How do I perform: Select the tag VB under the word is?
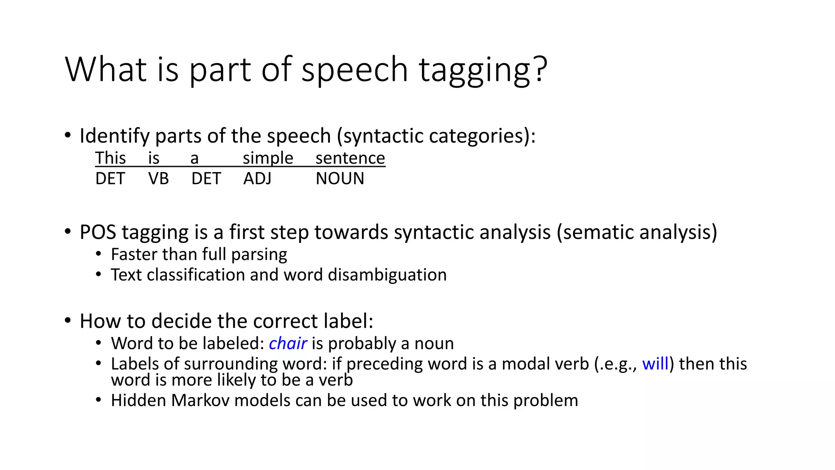pyautogui.click(x=158, y=179)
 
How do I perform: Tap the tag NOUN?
pyautogui.click(x=340, y=179)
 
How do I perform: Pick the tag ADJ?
pyautogui.click(x=257, y=179)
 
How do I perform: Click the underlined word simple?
pyautogui.click(x=268, y=158)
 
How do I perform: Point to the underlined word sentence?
pyautogui.click(x=350, y=158)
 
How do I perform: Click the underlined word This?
pyautogui.click(x=110, y=158)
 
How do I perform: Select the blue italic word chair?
pyautogui.click(x=287, y=344)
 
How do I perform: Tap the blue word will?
pyautogui.click(x=655, y=364)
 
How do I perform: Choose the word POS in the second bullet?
pyautogui.click(x=97, y=232)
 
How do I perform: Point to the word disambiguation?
pyautogui.click(x=387, y=275)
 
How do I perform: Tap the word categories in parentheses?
pyautogui.click(x=477, y=136)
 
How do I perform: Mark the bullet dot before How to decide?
pyautogui.click(x=68, y=321)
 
